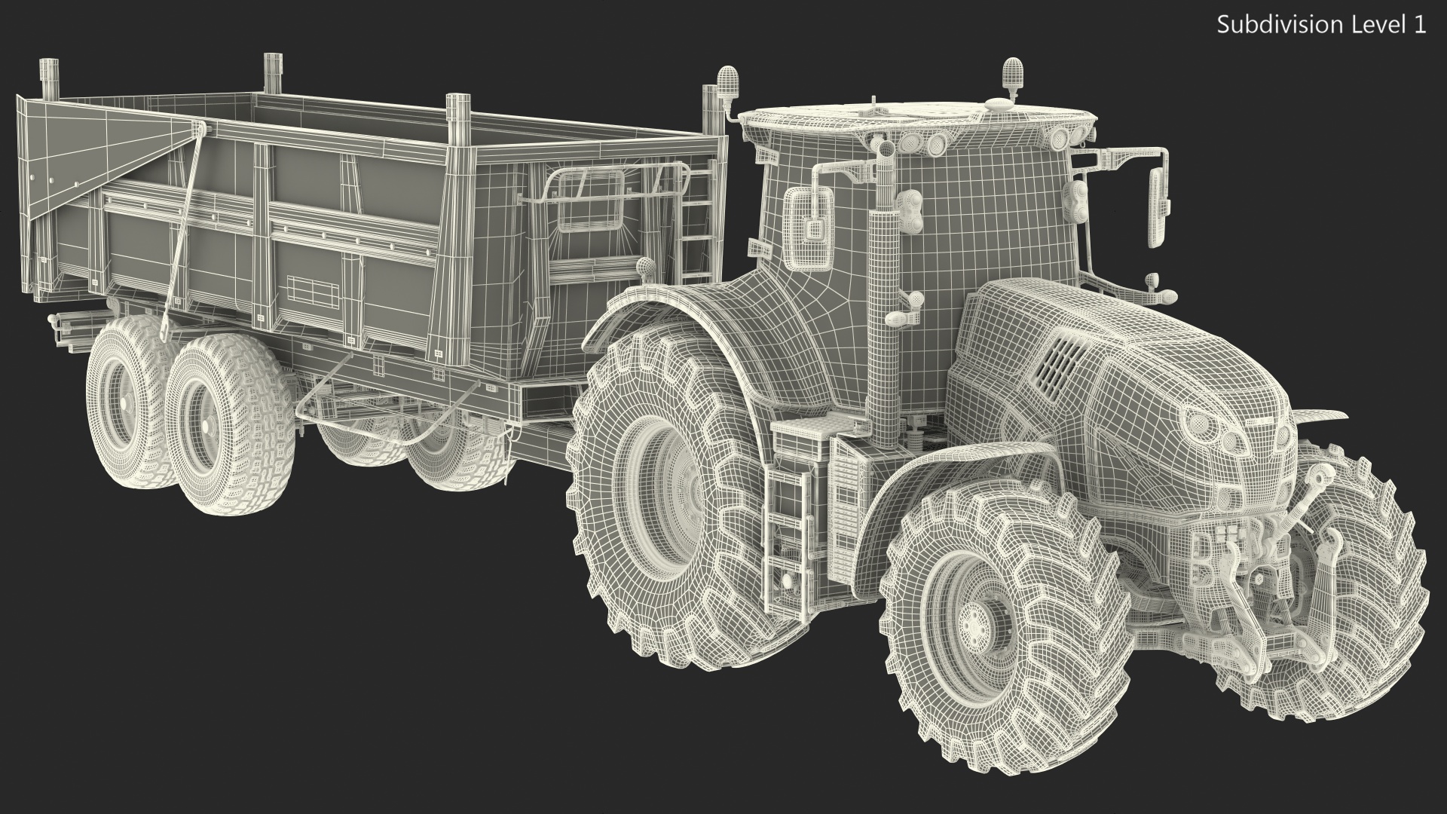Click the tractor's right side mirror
[x=1158, y=207]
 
